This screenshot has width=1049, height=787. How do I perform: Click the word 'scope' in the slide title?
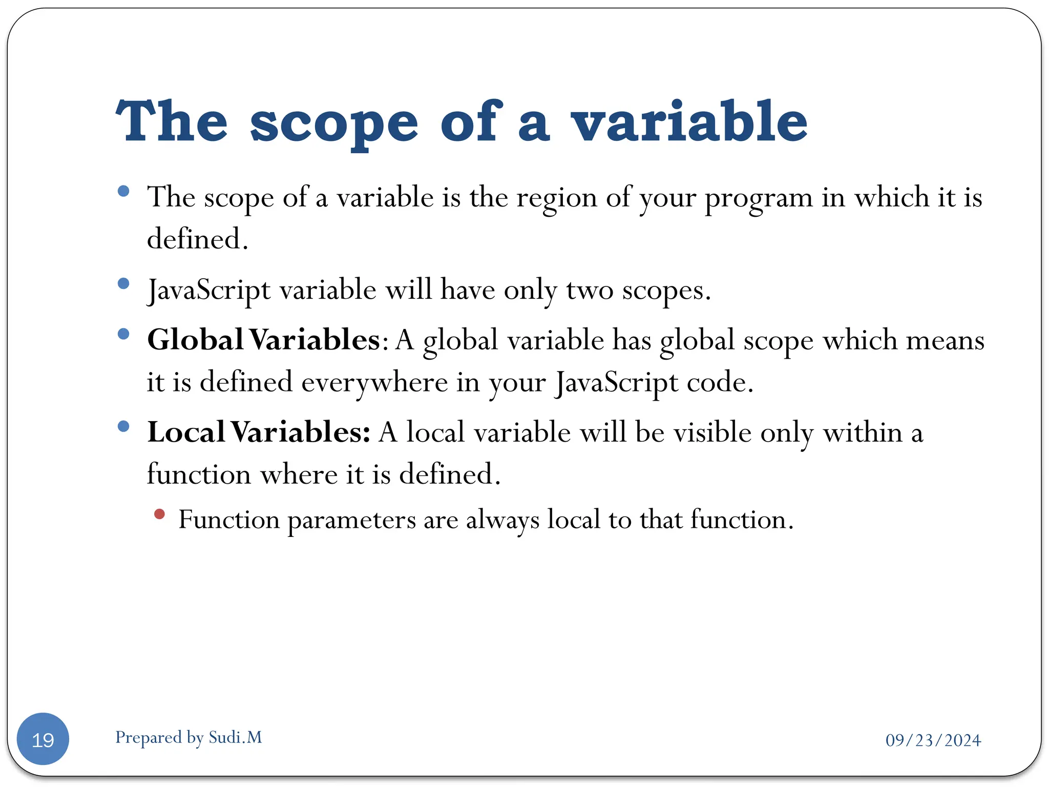pyautogui.click(x=334, y=123)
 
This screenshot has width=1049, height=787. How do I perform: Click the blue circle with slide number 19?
pyautogui.click(x=43, y=739)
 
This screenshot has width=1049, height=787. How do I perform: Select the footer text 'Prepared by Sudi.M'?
pyautogui.click(x=188, y=737)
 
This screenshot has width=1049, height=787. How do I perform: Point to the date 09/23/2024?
pyautogui.click(x=933, y=740)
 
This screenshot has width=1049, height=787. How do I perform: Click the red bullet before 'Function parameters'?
pyautogui.click(x=159, y=514)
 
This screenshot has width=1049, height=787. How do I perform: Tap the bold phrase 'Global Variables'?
pyautogui.click(x=263, y=340)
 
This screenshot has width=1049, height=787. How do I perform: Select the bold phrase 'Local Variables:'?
pyautogui.click(x=259, y=432)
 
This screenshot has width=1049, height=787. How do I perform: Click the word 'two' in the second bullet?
pyautogui.click(x=590, y=291)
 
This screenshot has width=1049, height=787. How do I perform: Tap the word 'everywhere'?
pyautogui.click(x=374, y=382)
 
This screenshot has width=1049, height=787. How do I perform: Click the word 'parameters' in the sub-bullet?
pyautogui.click(x=351, y=521)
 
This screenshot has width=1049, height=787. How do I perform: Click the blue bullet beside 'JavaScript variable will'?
pyautogui.click(x=123, y=283)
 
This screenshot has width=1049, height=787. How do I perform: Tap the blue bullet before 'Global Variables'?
pyautogui.click(x=123, y=334)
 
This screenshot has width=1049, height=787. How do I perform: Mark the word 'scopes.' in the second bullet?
pyautogui.click(x=666, y=291)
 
